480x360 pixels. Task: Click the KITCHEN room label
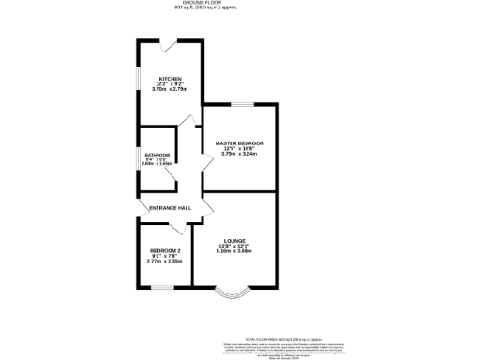coord(170,79)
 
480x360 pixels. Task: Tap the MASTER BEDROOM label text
coord(240,142)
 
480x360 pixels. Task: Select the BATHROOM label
coord(157,154)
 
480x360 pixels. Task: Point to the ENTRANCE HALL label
coord(170,207)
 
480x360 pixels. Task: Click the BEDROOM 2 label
coord(161,251)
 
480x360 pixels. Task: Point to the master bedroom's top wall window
coord(240,103)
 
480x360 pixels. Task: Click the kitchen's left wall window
coord(139,82)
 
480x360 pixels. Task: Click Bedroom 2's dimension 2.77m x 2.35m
coord(161,262)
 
